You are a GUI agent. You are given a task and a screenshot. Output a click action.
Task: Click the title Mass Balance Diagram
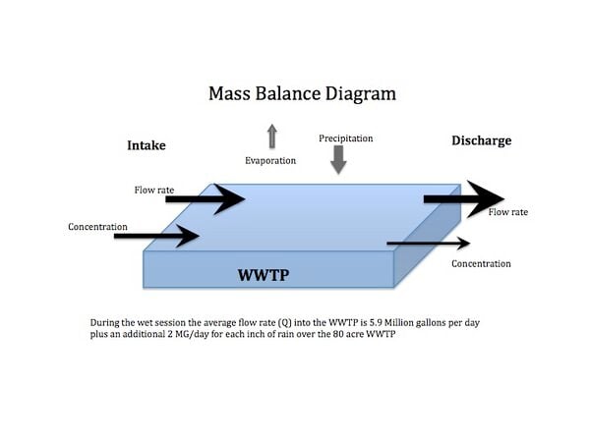[x=302, y=94]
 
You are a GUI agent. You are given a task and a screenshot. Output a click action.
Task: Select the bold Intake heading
[x=147, y=145]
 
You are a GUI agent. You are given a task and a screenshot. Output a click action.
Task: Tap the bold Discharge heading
[x=482, y=140]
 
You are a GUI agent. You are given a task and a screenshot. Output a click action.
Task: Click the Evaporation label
[x=270, y=161]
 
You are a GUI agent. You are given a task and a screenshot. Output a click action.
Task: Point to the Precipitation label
[x=346, y=138]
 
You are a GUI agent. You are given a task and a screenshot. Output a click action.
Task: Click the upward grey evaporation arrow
[x=272, y=137]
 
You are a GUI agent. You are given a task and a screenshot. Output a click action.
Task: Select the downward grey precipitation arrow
[x=338, y=160]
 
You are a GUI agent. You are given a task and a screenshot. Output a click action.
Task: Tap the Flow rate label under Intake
[x=154, y=191]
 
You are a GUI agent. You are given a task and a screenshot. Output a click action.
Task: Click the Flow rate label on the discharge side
[x=508, y=212]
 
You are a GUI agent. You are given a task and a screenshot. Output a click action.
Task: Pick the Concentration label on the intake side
[x=97, y=227]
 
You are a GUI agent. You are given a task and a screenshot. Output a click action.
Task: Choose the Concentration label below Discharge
[x=481, y=264]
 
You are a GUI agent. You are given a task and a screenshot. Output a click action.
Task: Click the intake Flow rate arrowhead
[x=229, y=199]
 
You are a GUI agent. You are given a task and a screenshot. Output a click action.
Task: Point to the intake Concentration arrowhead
[x=188, y=236]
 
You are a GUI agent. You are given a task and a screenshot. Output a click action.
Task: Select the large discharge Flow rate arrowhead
[x=486, y=199]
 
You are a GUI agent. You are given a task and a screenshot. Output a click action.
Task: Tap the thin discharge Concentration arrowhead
[x=463, y=244]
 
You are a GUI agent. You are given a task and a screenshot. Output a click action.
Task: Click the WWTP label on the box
[x=264, y=275]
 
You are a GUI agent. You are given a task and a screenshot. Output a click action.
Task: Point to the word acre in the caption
[x=353, y=334]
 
